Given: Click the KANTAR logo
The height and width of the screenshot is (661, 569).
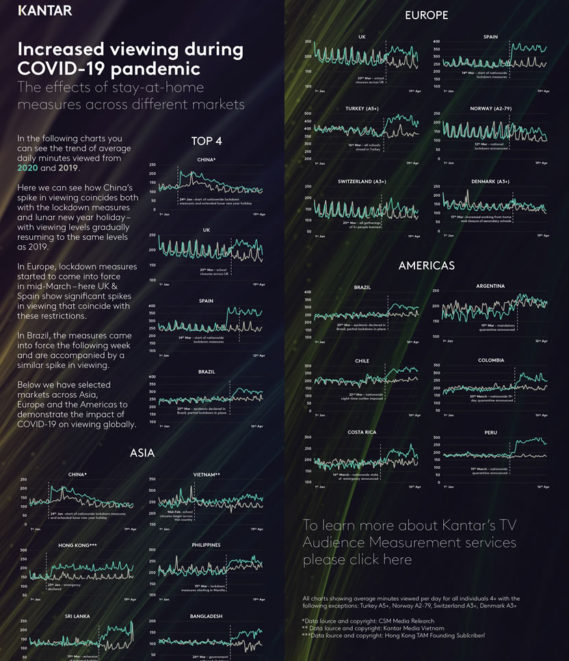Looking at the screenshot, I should pos(44,11).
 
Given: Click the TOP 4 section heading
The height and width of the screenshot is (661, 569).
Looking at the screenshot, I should pos(207,141).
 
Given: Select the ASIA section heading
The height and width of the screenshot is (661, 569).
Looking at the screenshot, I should pos(142,453).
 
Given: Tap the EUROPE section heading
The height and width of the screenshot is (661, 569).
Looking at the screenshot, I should pos(426,15).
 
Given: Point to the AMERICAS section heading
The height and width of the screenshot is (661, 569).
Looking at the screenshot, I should pos(426,265).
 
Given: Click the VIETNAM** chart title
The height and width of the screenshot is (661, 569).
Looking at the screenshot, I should pos(207,474).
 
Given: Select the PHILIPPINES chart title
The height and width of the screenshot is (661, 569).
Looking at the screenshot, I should pos(206,545).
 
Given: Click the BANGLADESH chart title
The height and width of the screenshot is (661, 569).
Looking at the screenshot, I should pos(206,616).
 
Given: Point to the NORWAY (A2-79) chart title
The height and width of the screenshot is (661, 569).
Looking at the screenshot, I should pos(490,109).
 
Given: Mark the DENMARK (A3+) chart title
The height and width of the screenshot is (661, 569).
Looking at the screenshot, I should pos(490,181).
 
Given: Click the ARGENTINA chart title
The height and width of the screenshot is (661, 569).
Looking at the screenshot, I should pos(490,286).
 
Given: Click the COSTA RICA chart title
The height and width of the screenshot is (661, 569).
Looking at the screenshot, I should pos(362,432).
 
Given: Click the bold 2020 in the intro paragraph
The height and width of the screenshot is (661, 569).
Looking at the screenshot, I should pos(28,167).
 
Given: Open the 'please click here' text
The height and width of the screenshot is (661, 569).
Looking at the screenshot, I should pos(357,560).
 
